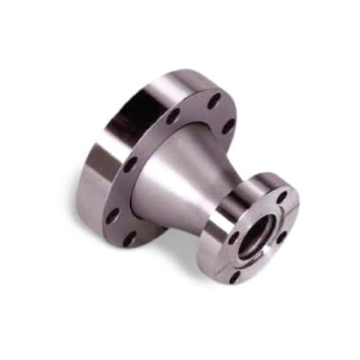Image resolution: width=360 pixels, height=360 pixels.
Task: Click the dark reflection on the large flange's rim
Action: [x=107, y=159]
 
